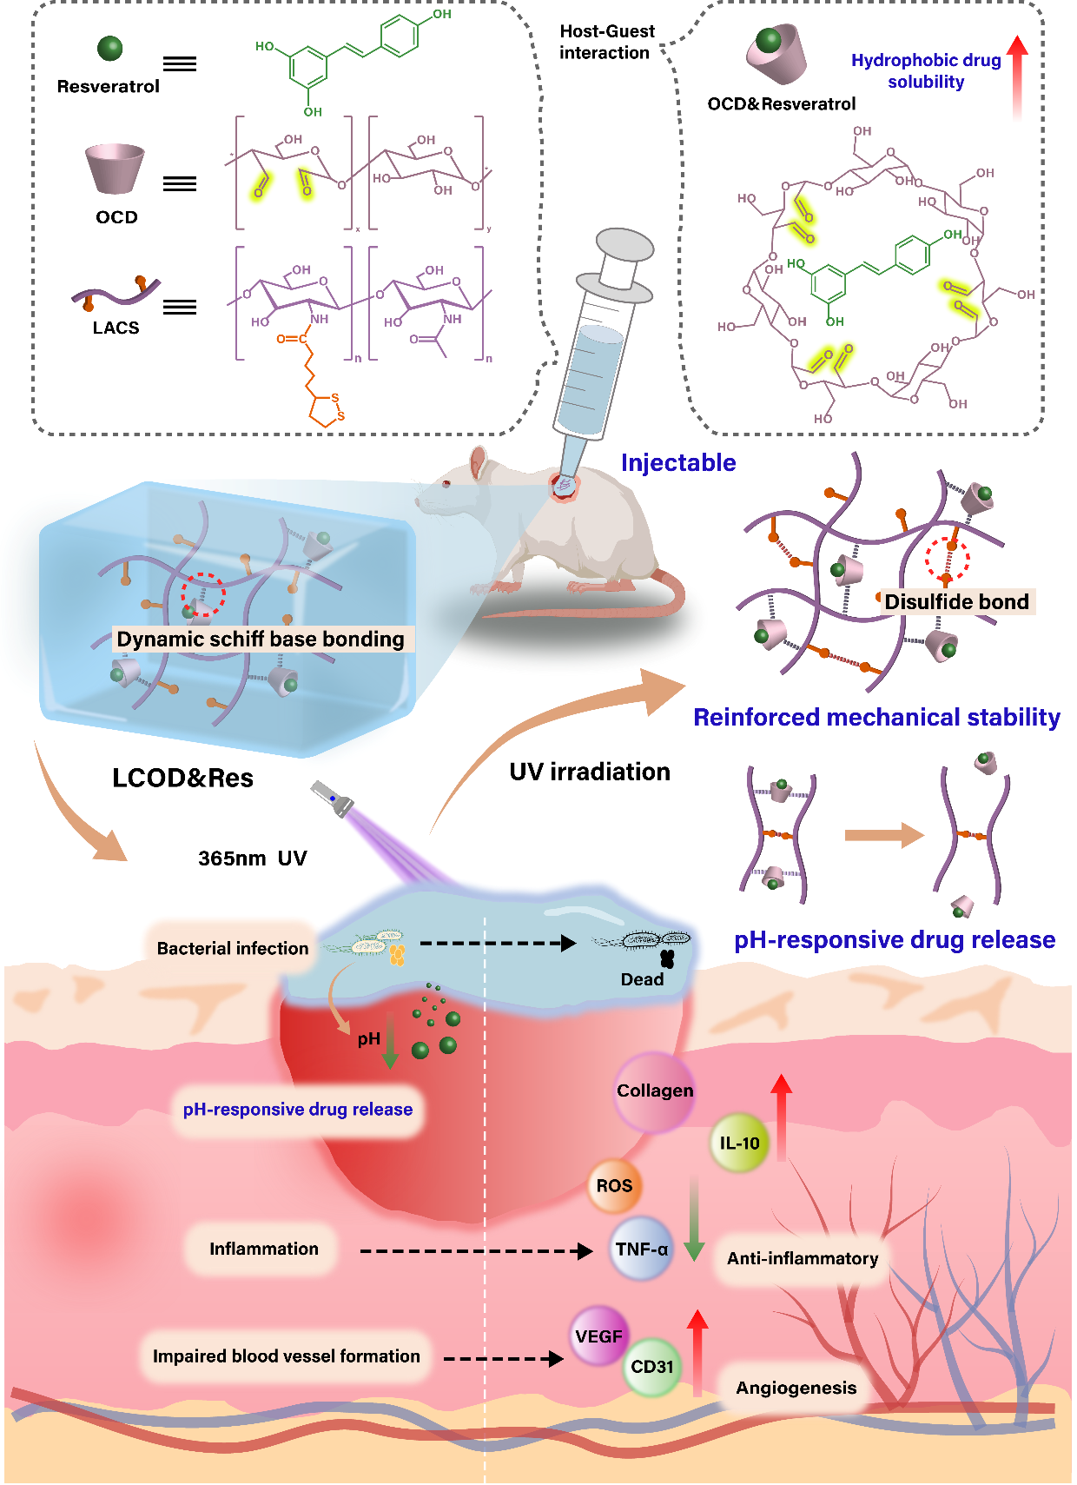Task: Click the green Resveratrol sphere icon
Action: coord(109,49)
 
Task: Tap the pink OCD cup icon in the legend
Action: coord(115,168)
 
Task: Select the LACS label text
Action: coord(116,328)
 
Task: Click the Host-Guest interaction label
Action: coord(606,42)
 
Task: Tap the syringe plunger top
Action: coord(625,244)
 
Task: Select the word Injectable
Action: coord(678,462)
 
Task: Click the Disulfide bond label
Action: coord(956,601)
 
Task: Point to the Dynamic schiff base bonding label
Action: coord(261,640)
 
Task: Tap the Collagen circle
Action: coord(655,1091)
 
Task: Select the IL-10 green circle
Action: coord(739,1144)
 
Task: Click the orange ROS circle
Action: coord(614,1186)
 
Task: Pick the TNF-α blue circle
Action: coord(641,1250)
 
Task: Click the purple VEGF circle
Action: coord(598,1336)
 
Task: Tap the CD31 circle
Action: coord(651,1367)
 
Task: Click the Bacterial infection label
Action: coord(233,948)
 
